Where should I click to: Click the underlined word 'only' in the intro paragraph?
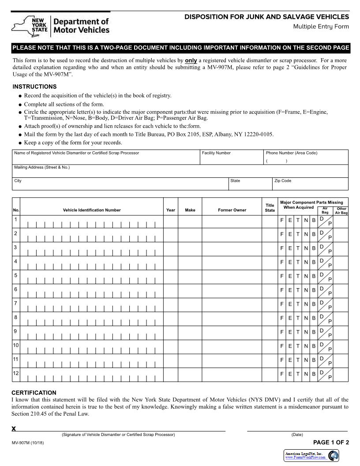coord(191,60)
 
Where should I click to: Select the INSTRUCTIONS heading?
coord(34,86)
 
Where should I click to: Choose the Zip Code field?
coord(310,186)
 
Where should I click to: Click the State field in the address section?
coord(250,186)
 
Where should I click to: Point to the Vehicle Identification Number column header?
coord(92,210)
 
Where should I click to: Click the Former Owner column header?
coord(232,210)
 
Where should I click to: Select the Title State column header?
coord(270,207)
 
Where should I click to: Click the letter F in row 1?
coord(282,220)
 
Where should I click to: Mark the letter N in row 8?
coord(306,318)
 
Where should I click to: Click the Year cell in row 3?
coord(171,249)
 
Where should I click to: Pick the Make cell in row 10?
coord(190,347)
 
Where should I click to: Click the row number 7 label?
coord(16,303)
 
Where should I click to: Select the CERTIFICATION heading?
coord(34,393)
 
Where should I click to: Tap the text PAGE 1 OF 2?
coord(331,443)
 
